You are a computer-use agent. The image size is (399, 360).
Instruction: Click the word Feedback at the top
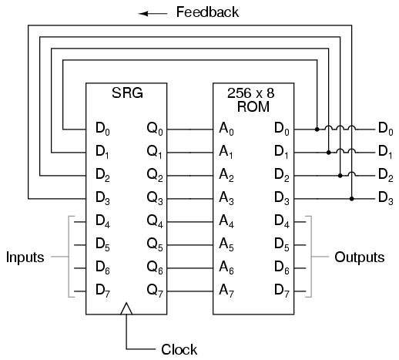(x=207, y=12)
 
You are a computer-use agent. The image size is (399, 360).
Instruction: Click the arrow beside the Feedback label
(x=153, y=14)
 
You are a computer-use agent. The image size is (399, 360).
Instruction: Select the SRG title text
(x=127, y=93)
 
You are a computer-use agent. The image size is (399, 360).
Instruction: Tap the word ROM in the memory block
(x=253, y=106)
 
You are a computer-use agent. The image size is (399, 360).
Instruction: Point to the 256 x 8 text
(x=251, y=93)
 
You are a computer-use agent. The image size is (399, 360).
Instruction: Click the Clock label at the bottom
(x=179, y=349)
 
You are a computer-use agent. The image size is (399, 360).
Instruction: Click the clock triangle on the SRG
(x=126, y=308)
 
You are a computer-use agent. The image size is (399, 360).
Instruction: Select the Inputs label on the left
(x=25, y=257)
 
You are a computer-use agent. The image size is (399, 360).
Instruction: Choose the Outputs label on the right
(x=359, y=257)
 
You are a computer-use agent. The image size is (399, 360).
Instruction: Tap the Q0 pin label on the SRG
(x=155, y=129)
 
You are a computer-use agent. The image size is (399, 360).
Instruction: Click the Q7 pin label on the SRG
(x=155, y=291)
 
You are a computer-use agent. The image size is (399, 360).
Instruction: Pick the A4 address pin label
(x=226, y=221)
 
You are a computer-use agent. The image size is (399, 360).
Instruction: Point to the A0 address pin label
(x=226, y=129)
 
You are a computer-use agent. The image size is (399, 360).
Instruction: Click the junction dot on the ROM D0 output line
(x=317, y=130)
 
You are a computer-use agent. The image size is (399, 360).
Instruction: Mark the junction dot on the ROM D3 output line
(x=352, y=199)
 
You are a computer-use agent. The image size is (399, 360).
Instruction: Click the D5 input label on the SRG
(x=102, y=244)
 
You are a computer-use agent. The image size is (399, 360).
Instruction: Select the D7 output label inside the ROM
(x=282, y=291)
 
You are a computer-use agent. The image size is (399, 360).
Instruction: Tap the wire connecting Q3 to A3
(x=190, y=199)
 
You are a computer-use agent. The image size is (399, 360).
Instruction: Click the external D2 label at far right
(x=386, y=175)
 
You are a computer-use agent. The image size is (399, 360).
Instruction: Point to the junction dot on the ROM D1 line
(x=329, y=153)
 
